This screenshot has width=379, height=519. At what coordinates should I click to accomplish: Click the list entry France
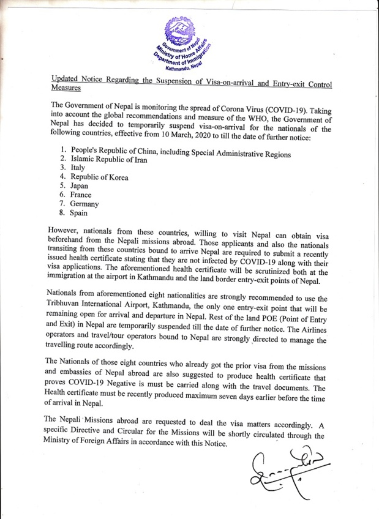pyautogui.click(x=82, y=195)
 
